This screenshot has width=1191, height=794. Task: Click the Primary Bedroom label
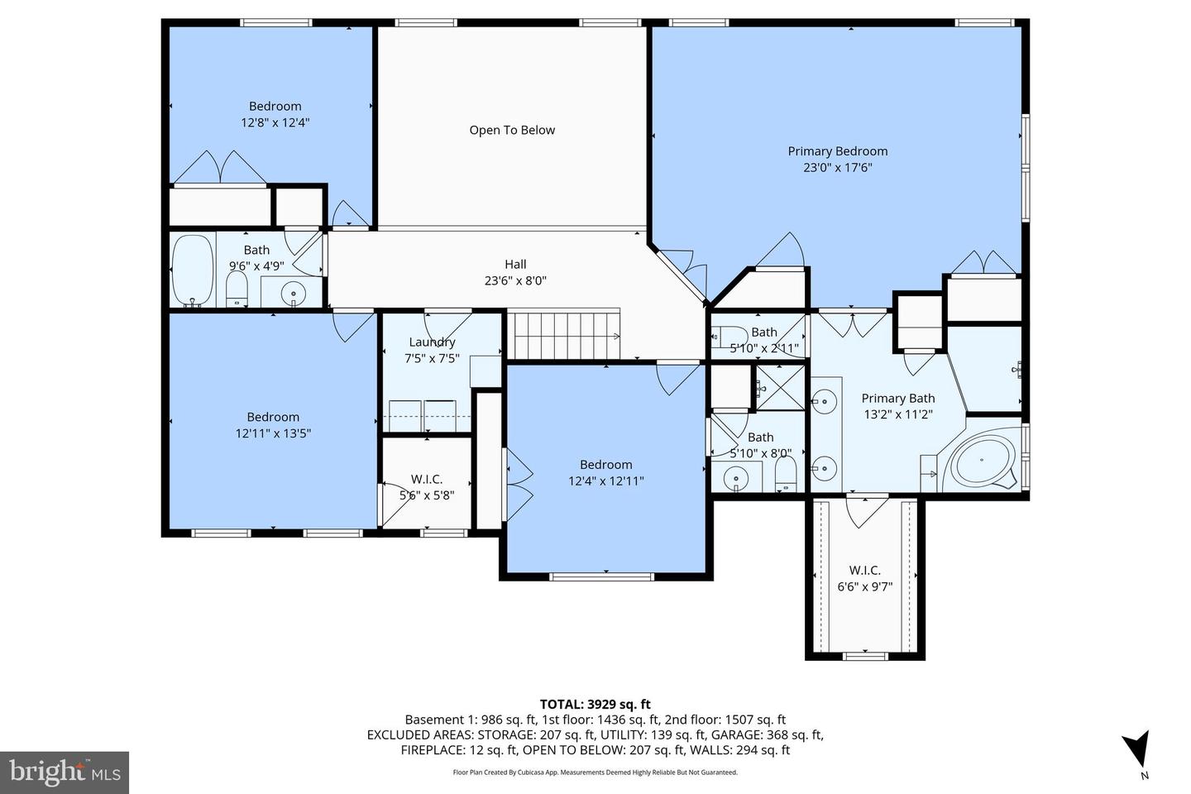[837, 151]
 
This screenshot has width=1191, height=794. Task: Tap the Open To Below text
[512, 130]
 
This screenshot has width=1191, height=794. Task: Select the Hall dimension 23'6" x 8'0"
[515, 280]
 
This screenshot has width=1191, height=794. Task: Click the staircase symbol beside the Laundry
[562, 335]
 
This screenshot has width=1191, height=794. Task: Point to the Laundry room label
[432, 342]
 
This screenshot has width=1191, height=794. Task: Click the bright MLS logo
[64, 772]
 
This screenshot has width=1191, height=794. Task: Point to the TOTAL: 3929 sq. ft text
[595, 705]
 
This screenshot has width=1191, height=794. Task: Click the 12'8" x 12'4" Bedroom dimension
[275, 122]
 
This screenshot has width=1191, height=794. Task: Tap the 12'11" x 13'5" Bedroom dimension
[273, 433]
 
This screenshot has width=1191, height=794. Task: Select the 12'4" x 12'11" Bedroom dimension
[605, 481]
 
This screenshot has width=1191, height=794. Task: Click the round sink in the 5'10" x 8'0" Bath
[735, 478]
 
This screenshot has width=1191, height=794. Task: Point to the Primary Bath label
[897, 399]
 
